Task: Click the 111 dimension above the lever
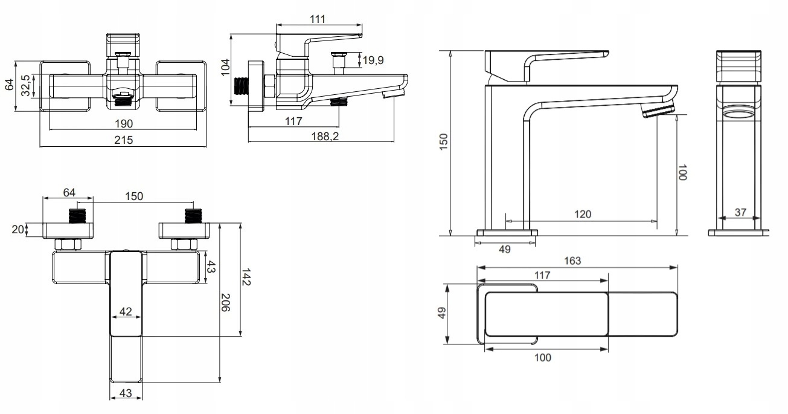pos(317,19)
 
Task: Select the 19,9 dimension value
pos(373,60)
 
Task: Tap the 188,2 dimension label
pos(325,136)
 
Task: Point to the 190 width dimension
pos(124,123)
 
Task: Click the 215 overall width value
pos(123,140)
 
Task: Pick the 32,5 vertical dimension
pos(25,86)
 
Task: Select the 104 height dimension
pos(225,67)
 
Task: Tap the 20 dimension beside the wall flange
pos(18,230)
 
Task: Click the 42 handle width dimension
pos(126,311)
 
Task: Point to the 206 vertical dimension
pos(225,303)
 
